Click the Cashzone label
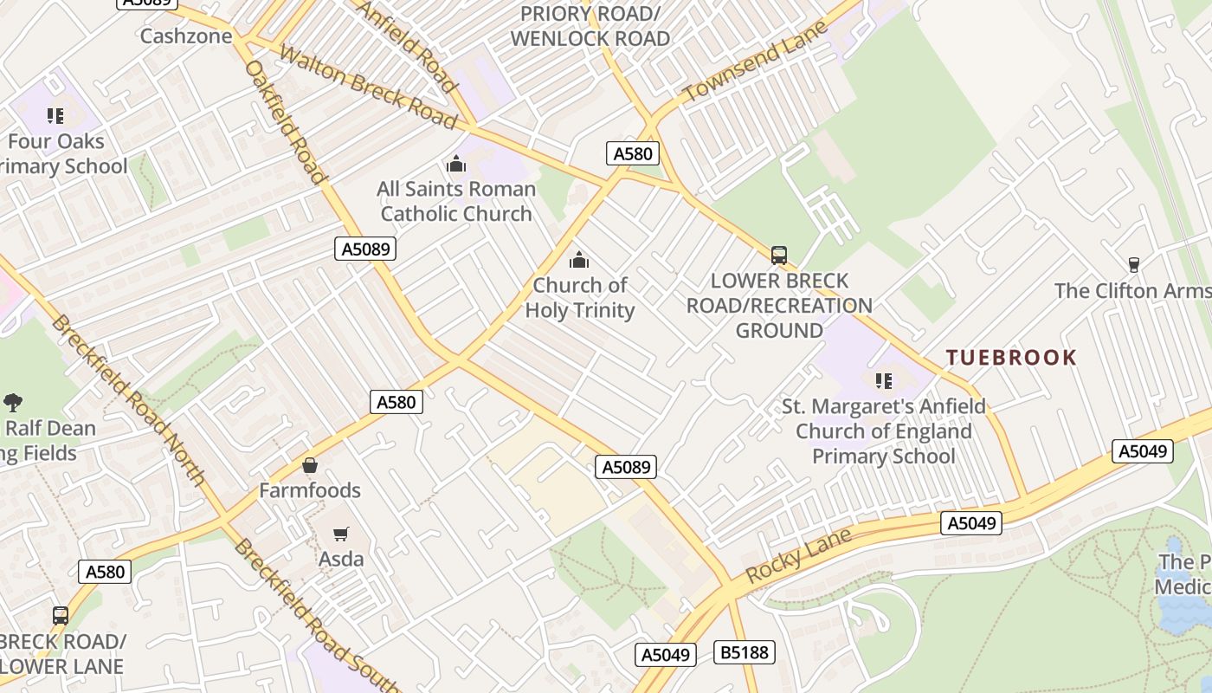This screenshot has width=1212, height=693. [x=186, y=36]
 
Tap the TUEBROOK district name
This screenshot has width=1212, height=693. [x=1011, y=357]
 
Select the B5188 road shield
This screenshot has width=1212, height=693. [x=745, y=652]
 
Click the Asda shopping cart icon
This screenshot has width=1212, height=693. [x=341, y=534]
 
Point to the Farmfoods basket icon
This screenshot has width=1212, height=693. [x=310, y=465]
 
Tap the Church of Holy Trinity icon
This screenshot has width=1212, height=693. [x=579, y=260]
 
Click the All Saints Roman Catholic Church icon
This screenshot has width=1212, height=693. [x=456, y=164]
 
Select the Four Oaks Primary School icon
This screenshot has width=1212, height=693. [x=56, y=116]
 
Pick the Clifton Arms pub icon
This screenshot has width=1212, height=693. [x=1133, y=264]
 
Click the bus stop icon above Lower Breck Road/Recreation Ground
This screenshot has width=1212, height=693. [x=779, y=256]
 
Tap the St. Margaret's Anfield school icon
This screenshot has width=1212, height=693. [x=884, y=381]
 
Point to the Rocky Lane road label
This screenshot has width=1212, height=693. [x=798, y=556]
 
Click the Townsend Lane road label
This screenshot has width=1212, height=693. [x=755, y=62]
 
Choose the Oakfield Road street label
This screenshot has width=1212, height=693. [x=287, y=121]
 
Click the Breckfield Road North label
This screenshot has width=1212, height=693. [x=128, y=400]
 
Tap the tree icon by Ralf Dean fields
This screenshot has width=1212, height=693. [x=13, y=402]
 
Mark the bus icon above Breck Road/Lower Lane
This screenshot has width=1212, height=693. [x=61, y=616]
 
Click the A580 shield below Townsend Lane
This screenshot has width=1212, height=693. [x=632, y=154]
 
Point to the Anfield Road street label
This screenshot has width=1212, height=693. [x=405, y=46]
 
